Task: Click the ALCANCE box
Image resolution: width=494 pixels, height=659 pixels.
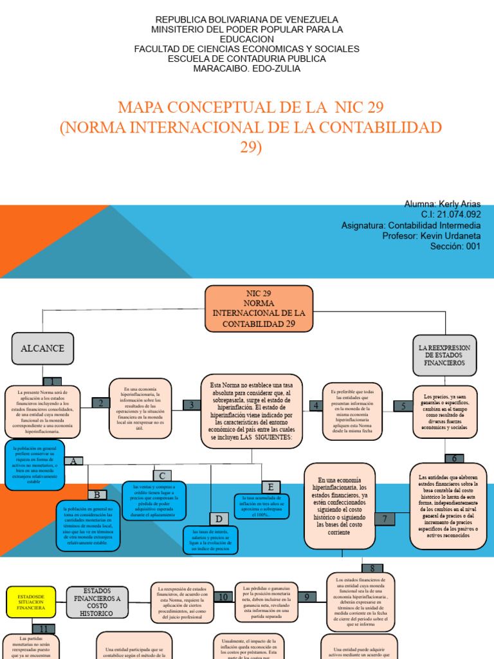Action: point(42,349)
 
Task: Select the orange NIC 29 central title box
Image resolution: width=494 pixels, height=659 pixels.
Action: point(259,308)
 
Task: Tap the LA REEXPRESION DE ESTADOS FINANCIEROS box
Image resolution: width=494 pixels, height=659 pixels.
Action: point(444,355)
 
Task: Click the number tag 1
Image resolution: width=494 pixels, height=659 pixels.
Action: point(52,382)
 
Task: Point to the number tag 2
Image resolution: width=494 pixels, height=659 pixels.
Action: point(100,403)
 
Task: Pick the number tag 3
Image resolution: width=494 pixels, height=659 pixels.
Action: point(191,405)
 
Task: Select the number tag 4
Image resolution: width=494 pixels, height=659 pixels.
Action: point(316,405)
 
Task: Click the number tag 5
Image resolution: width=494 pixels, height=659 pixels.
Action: point(403,406)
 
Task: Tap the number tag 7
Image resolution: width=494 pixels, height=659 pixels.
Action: point(385,519)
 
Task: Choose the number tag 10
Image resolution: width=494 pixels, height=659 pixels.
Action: point(223,597)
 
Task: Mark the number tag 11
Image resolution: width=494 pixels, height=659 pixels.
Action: point(43,629)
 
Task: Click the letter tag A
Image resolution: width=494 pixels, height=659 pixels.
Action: point(74,461)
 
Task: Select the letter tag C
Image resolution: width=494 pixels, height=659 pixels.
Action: point(162,476)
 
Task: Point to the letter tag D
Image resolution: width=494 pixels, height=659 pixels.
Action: point(219,519)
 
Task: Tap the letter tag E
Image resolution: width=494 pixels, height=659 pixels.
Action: point(271,487)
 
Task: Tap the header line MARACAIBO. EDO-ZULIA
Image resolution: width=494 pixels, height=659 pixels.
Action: point(246,68)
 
